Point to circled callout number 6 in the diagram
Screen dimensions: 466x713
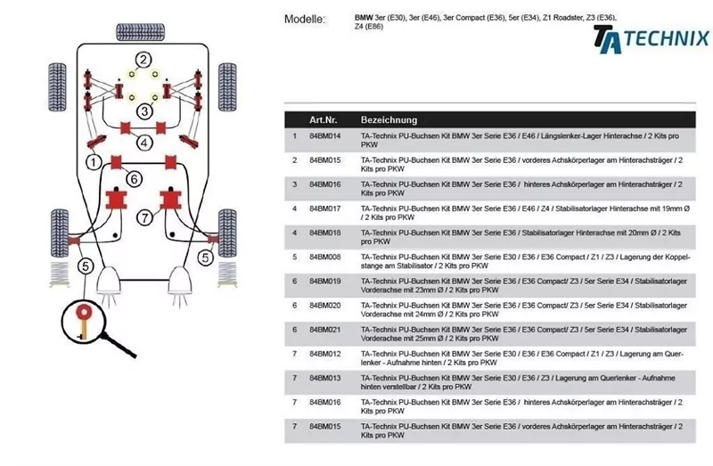(x=133, y=179)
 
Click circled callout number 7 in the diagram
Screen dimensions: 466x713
(x=144, y=217)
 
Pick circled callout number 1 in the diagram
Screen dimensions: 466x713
(x=91, y=162)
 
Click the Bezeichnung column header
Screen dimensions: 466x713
(x=388, y=119)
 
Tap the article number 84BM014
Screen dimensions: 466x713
(x=325, y=136)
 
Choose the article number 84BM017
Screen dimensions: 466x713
(x=325, y=208)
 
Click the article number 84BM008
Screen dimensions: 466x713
(x=325, y=257)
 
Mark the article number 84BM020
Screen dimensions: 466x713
(x=325, y=305)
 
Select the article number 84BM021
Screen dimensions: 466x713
(x=325, y=330)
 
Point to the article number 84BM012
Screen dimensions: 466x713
(x=325, y=354)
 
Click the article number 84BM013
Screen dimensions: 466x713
(x=325, y=378)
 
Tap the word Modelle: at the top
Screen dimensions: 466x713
(x=305, y=20)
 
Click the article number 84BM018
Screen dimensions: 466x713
(x=325, y=232)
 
